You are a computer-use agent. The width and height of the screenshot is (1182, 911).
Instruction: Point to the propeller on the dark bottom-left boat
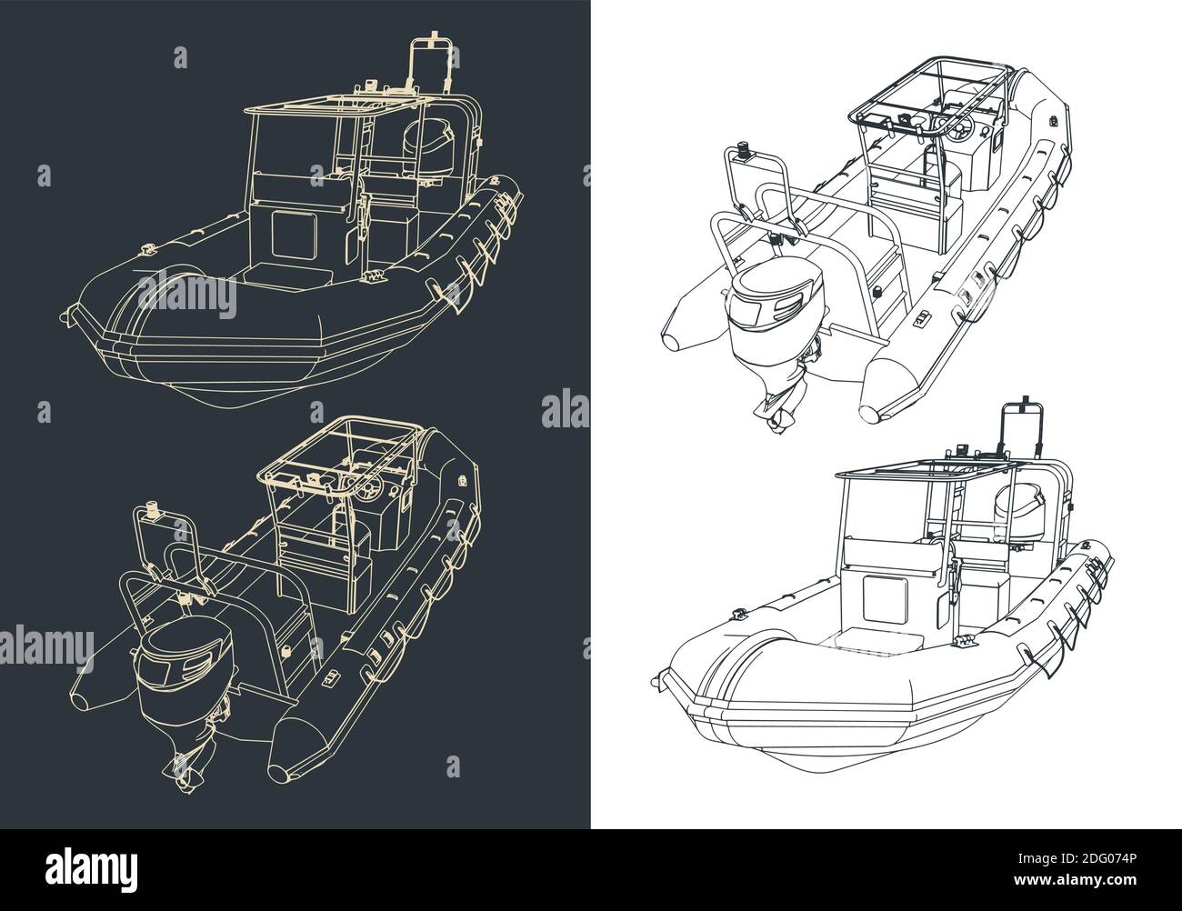pyautogui.click(x=186, y=762)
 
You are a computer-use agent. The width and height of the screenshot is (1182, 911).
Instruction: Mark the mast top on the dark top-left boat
pyautogui.click(x=434, y=43)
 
